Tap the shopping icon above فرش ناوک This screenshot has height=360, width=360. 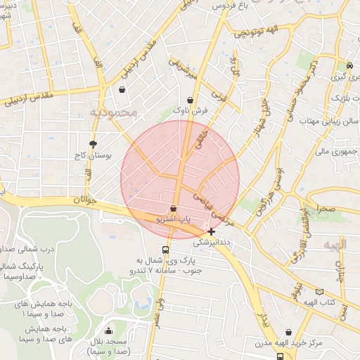[x=192, y=100]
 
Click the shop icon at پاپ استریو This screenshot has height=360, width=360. [x=173, y=209]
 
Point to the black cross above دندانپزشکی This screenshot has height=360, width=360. [x=212, y=231]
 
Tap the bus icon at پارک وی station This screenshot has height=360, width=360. [x=165, y=250]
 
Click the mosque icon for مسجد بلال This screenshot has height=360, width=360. [x=108, y=331]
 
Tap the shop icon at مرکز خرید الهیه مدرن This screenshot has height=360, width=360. [x=289, y=333]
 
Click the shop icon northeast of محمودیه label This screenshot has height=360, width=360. [x=123, y=90]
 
